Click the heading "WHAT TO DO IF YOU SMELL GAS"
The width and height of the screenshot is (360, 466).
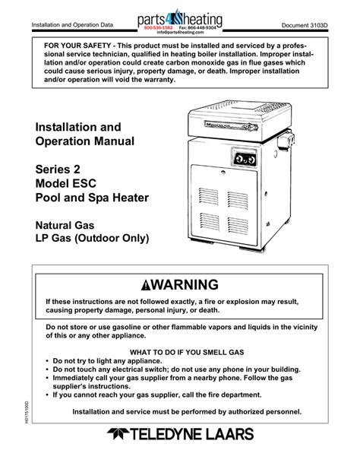pyautogui.click(x=179, y=353)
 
